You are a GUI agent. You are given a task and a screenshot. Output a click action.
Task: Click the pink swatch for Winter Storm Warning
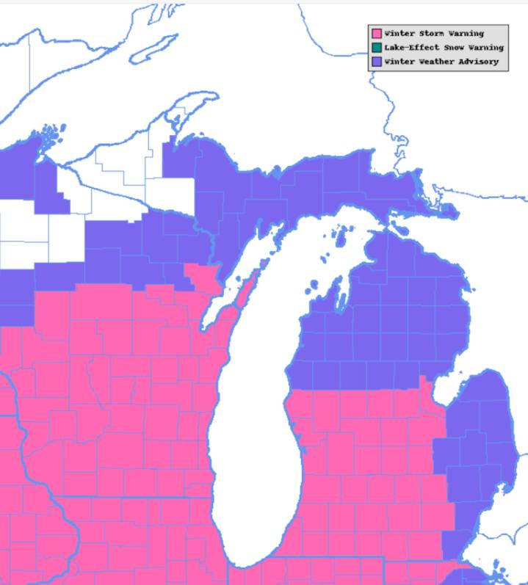point(377,34)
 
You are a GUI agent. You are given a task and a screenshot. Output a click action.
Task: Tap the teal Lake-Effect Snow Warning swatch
point(377,48)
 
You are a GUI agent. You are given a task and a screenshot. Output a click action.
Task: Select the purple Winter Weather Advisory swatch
point(377,62)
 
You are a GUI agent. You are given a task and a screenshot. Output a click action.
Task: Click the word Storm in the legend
point(433,34)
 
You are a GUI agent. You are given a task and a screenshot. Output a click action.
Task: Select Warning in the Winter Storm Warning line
point(467,34)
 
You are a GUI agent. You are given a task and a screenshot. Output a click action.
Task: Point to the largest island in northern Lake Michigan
point(339,238)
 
